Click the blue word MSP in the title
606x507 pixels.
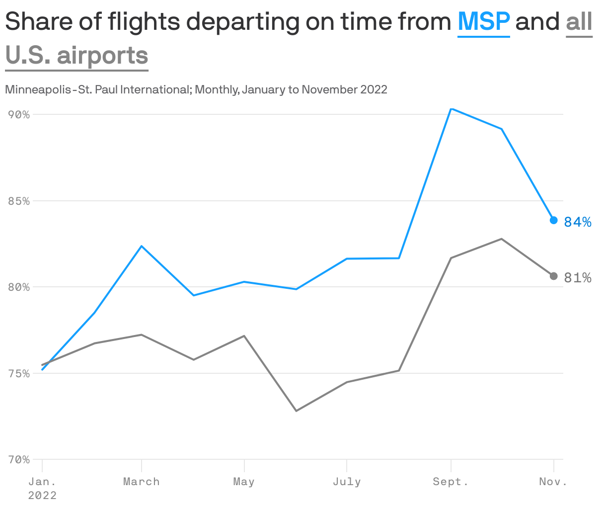(x=483, y=22)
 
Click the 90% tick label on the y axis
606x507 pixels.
(x=19, y=115)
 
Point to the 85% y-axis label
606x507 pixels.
(x=19, y=201)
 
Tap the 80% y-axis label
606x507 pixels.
(x=19, y=287)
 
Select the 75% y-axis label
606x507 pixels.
(x=19, y=373)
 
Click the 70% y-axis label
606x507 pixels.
(x=19, y=460)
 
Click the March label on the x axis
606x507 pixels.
(x=142, y=482)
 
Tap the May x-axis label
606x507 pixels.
(x=244, y=482)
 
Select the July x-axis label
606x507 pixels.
(x=347, y=482)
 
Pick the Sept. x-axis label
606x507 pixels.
(x=451, y=482)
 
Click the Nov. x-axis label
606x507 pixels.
(x=553, y=482)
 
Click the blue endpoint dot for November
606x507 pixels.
(x=553, y=220)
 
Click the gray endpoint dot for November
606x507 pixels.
(x=553, y=276)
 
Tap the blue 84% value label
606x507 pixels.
(x=578, y=222)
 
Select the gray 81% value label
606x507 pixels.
(x=578, y=278)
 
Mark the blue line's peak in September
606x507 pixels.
(x=451, y=108)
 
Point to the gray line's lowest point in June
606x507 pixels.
(x=296, y=411)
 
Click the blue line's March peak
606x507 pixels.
(x=142, y=246)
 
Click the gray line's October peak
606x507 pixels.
(x=502, y=239)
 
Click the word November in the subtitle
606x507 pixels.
(x=330, y=90)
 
